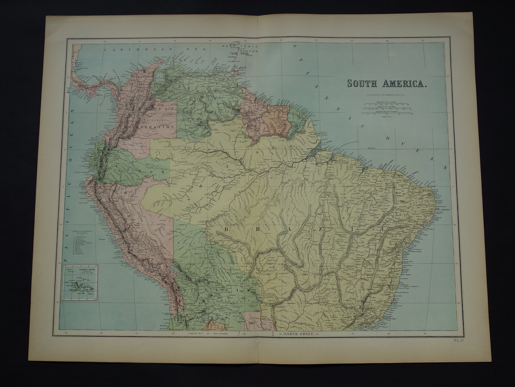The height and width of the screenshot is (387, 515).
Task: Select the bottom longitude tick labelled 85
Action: tap(66, 333)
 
